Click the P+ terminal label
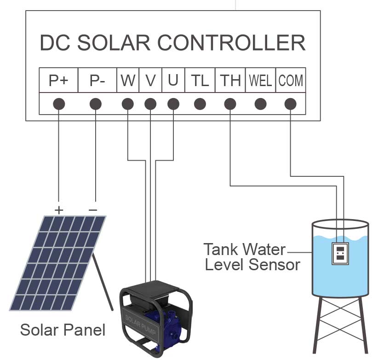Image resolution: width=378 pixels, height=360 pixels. click(x=58, y=81)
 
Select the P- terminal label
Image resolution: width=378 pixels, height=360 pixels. click(x=97, y=81)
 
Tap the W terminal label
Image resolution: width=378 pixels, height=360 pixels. click(x=128, y=81)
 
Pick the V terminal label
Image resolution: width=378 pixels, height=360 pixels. click(x=150, y=81)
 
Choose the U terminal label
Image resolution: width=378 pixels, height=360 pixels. click(x=173, y=81)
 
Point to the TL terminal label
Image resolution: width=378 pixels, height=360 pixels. click(x=200, y=81)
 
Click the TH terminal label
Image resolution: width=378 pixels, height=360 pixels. click(x=230, y=81)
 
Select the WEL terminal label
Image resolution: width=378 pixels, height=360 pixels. click(x=260, y=81)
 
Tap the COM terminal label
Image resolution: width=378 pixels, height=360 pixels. click(x=291, y=81)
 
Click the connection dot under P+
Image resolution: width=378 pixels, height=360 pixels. click(x=58, y=104)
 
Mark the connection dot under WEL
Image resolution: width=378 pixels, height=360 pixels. click(x=260, y=104)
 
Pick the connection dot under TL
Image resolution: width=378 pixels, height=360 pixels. click(x=200, y=104)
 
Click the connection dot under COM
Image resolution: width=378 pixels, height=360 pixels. click(x=290, y=104)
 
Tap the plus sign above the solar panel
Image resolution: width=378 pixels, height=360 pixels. click(x=59, y=210)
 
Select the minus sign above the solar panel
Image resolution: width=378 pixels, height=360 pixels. click(x=93, y=210)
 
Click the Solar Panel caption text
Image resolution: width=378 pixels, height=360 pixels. click(x=63, y=330)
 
